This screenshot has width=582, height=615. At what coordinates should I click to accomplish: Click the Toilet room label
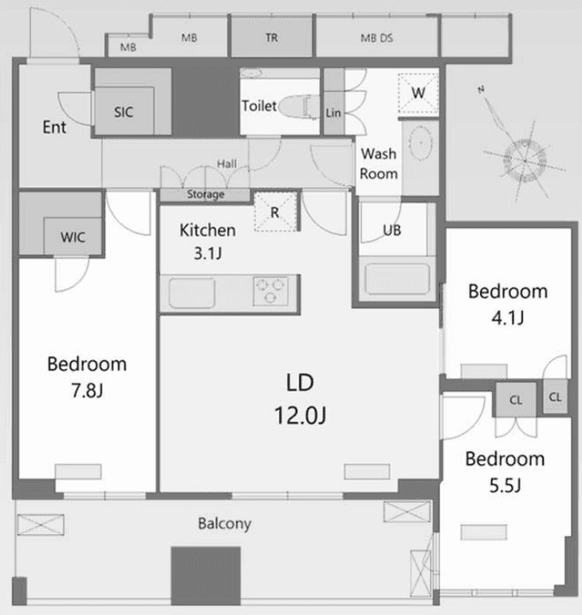[x=259, y=106]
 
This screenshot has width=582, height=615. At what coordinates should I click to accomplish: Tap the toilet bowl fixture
[x=299, y=106]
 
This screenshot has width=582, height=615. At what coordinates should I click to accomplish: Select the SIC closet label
[x=124, y=112]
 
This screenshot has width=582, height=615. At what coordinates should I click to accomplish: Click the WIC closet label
[x=73, y=237]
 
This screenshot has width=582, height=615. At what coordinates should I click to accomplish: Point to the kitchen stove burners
[x=270, y=291]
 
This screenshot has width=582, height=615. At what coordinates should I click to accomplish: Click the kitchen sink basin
[x=192, y=293]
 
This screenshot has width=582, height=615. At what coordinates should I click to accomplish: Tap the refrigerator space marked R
[x=276, y=211]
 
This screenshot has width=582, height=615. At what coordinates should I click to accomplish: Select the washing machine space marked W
[x=418, y=94]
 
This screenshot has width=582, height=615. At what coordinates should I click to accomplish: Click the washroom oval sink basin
[x=421, y=143]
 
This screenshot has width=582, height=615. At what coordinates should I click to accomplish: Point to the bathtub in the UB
[x=397, y=278]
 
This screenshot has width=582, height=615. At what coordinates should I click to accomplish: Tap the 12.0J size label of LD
[x=300, y=416]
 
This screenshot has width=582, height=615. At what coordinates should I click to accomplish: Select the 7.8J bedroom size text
[x=87, y=390]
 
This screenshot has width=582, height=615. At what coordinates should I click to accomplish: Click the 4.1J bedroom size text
[x=507, y=318]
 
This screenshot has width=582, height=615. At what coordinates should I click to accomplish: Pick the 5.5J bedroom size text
[x=505, y=486]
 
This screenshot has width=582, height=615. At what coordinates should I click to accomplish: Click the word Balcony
[x=225, y=524]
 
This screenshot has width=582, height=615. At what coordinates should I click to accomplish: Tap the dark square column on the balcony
[x=206, y=575]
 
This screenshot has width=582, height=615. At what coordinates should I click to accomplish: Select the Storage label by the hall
[x=206, y=194]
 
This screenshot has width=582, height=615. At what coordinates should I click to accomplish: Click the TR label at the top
[x=271, y=38]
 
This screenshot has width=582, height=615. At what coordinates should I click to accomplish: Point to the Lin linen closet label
[x=334, y=113]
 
